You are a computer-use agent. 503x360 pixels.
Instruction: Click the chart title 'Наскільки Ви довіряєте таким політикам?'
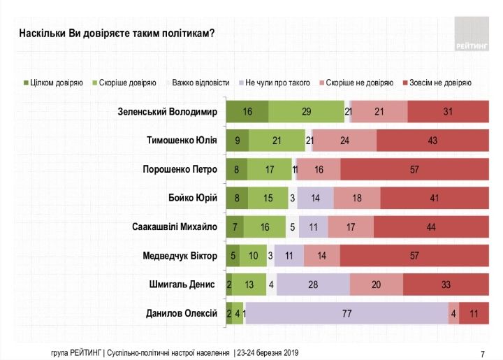(x=115, y=34)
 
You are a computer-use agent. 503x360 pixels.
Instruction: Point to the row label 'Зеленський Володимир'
(x=168, y=112)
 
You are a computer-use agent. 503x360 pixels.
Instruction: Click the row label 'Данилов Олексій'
(x=180, y=314)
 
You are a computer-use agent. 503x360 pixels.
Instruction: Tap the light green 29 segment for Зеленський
(x=306, y=112)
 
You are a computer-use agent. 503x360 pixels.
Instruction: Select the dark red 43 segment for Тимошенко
(x=432, y=141)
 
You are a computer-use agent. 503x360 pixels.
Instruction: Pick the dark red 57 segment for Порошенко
(x=414, y=169)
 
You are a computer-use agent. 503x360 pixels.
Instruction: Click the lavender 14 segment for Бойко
(x=315, y=199)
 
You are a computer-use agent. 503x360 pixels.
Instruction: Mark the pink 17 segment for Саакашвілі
(x=350, y=227)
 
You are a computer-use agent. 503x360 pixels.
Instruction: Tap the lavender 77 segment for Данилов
(x=347, y=314)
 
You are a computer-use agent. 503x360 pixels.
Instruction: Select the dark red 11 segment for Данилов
(x=474, y=314)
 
